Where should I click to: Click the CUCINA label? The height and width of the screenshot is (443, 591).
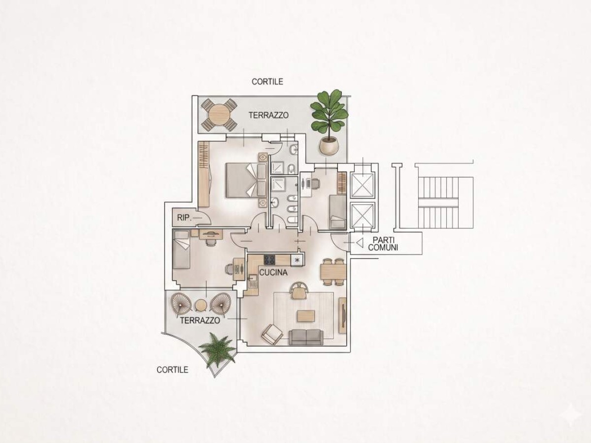click(x=273, y=273)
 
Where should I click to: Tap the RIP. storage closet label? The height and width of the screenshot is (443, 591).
click(x=184, y=218)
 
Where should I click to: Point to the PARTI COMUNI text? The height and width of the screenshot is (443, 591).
click(x=383, y=244)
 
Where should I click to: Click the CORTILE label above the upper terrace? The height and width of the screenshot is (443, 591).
click(x=267, y=82)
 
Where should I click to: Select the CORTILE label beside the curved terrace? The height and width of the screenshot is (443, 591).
click(x=172, y=370)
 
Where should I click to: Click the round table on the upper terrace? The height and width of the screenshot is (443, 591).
click(x=219, y=114)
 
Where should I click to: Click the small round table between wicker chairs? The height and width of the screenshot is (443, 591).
click(x=200, y=306)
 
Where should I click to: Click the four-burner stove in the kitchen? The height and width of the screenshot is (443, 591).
click(x=269, y=260)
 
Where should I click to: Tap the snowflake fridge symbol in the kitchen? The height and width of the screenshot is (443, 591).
click(x=297, y=260)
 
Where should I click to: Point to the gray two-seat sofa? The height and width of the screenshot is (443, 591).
click(x=306, y=337)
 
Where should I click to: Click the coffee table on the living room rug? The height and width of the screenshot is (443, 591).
click(x=306, y=316)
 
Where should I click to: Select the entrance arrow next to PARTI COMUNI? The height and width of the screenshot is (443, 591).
click(x=360, y=243)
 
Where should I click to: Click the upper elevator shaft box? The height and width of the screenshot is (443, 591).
click(x=362, y=184)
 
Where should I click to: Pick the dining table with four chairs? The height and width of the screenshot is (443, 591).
click(x=333, y=272)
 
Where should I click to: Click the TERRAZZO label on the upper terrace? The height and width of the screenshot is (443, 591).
click(x=268, y=115)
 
